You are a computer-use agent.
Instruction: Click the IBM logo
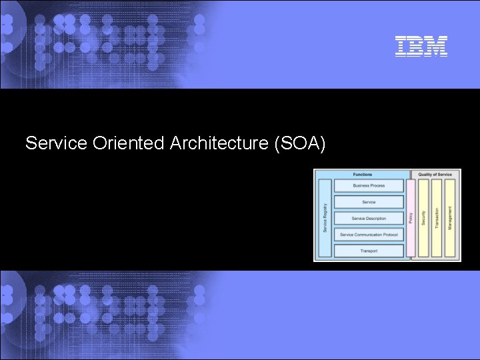point(421,45)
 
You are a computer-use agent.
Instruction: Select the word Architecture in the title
point(219,143)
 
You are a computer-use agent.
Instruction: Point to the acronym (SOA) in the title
point(299,143)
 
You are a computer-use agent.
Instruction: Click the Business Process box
point(369,186)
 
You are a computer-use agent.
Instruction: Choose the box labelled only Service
point(369,202)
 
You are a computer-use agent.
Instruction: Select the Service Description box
point(369,219)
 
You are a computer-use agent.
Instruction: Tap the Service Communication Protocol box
point(369,235)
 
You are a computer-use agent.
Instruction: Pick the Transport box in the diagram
point(369,251)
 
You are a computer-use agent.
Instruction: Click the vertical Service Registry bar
point(325,218)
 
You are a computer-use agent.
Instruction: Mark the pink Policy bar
point(411,218)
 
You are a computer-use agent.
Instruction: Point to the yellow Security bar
point(423,218)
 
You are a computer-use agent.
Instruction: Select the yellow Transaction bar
point(437,218)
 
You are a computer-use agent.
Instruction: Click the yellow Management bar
point(450,218)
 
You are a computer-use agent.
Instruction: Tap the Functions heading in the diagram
point(363,175)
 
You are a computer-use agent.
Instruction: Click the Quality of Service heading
point(435,175)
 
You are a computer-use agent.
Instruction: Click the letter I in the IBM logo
point(401,45)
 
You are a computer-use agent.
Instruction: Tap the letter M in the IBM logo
point(437,45)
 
